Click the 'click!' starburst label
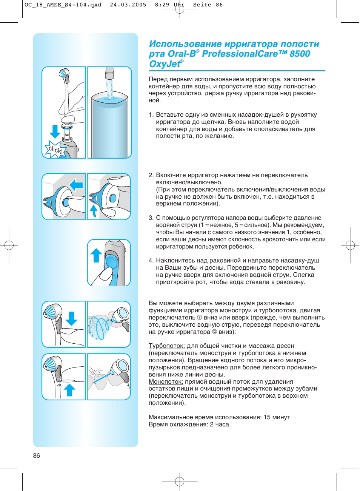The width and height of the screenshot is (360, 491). click(55, 150)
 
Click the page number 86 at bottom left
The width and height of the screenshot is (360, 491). click(37, 455)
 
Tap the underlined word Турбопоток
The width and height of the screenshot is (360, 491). click(166, 346)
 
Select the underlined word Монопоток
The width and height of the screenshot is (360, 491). click(166, 382)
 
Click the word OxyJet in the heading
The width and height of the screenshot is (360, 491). click(165, 64)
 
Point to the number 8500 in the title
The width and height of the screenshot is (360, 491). click(300, 54)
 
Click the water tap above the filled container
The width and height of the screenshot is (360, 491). click(109, 73)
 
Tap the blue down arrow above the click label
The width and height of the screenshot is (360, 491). click(55, 131)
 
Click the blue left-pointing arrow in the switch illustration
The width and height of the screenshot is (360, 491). click(77, 185)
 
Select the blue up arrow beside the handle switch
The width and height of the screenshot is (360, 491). click(96, 255)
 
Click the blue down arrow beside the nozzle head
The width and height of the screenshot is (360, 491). click(71, 318)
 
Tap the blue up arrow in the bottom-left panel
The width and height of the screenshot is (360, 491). click(69, 390)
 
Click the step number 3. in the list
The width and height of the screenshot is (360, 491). click(151, 218)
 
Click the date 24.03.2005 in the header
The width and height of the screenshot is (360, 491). click(128, 5)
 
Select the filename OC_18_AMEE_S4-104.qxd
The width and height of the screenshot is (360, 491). click(63, 5)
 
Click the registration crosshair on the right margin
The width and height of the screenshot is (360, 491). click(350, 246)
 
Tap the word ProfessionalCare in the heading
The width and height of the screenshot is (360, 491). click(240, 54)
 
